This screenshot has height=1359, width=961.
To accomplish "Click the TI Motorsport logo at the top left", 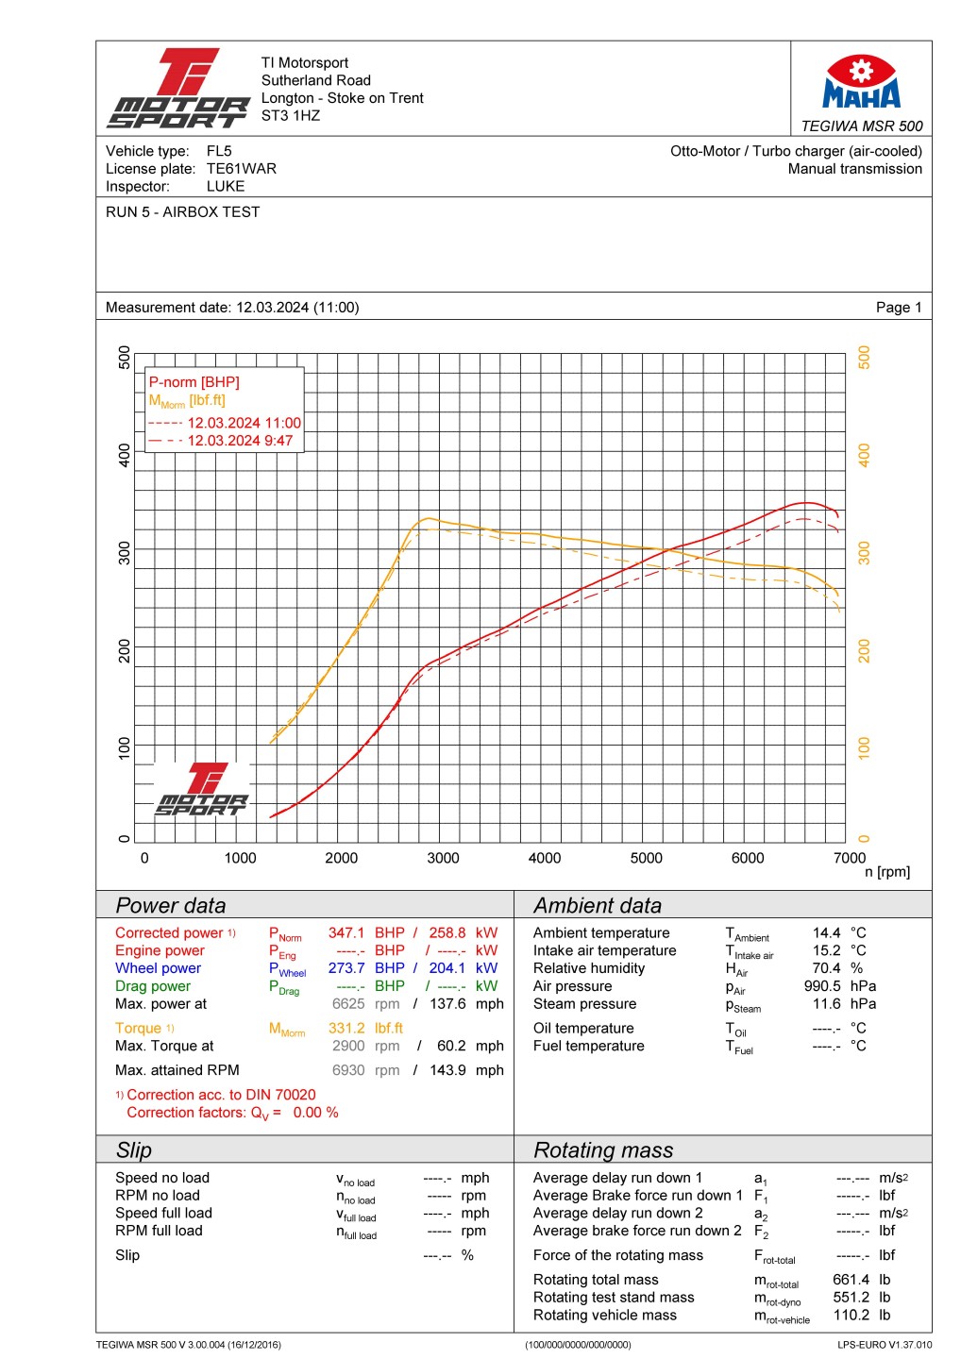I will pos(178,89).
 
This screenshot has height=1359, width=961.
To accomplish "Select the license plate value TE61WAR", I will pos(242,169).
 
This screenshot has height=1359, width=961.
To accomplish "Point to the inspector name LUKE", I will pos(226,187).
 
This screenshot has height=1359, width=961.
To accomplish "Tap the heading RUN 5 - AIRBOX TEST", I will pos(182,212).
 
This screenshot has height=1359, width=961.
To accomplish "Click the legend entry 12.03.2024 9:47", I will pos(240,441).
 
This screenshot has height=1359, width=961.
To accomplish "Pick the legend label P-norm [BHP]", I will pos(194,382).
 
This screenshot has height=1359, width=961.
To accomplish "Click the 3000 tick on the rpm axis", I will pos(443,858).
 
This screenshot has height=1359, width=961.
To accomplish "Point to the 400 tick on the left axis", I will pos(125,455).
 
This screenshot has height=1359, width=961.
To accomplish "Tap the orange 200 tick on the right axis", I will pos(864,650).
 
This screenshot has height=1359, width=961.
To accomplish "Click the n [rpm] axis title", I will pos(887,872).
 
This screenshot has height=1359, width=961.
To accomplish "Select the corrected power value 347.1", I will pos(346,932).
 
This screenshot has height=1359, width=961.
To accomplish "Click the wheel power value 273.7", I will pos(346,968).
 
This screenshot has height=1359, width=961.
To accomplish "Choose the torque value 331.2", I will pos(346,1029).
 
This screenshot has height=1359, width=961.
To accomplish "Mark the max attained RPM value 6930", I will pos(348,1070).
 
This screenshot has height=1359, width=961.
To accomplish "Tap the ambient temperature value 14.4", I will pos(826,932).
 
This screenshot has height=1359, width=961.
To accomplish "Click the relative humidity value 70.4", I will pos(826,968).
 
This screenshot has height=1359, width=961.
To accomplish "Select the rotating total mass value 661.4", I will pos(851,1280).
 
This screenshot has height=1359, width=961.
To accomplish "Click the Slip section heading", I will pos(134,1150).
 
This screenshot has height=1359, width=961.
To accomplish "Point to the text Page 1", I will pos(899,308).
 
